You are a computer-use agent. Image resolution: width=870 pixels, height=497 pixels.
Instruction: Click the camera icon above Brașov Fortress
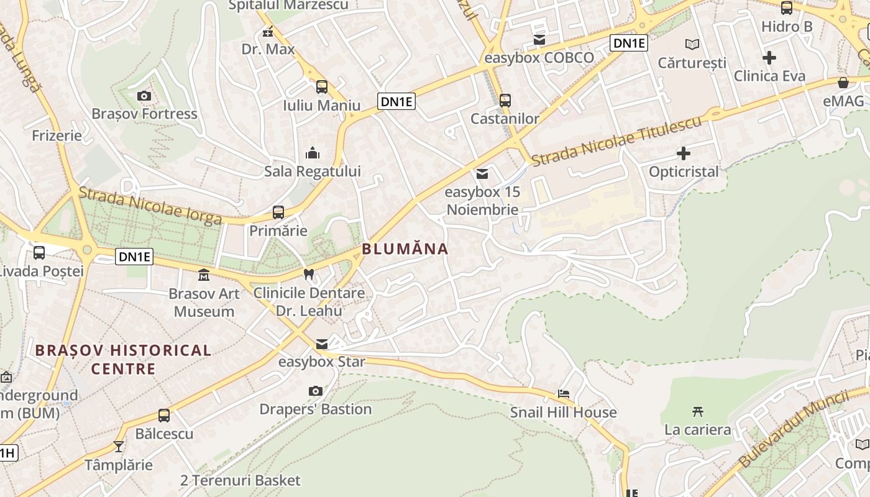[x=144, y=96]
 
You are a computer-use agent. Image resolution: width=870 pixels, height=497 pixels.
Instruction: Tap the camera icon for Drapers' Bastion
[x=316, y=391]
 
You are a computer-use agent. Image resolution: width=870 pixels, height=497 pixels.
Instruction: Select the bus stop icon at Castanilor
[x=505, y=100]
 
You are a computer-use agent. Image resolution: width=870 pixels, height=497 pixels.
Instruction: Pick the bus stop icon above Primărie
[x=278, y=212]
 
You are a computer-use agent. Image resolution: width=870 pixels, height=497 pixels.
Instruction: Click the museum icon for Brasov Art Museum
[x=204, y=275]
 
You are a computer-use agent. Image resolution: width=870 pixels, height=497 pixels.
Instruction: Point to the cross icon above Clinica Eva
[x=769, y=58]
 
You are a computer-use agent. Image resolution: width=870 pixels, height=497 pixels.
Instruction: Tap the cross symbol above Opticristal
[x=684, y=153]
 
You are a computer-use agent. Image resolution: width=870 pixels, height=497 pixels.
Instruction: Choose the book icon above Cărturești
[x=692, y=44]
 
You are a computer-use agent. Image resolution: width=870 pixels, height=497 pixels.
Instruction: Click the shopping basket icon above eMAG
[x=843, y=82]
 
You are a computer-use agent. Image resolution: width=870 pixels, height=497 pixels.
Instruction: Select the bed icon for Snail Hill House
[x=564, y=393]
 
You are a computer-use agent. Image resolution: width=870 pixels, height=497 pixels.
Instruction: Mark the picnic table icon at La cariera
[x=698, y=411]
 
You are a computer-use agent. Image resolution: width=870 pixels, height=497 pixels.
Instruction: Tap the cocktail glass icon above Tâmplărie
[x=119, y=446]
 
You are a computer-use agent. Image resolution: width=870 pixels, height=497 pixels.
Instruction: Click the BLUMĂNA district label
[x=405, y=249]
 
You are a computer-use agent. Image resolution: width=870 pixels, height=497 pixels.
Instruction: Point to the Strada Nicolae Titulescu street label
[x=616, y=140]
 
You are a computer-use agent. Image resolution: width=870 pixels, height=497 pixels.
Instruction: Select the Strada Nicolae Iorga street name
[x=150, y=206]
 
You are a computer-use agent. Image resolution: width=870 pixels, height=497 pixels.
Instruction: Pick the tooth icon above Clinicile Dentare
[x=308, y=274]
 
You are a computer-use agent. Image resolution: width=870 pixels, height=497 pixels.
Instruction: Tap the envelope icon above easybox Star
[x=322, y=344]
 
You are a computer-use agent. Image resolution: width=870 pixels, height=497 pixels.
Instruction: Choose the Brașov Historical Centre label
[x=123, y=359]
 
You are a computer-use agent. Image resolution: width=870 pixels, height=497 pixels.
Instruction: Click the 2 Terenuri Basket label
[x=240, y=480]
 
